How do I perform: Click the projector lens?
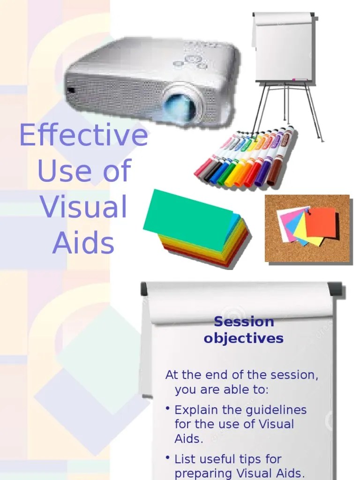pyautogui.click(x=180, y=107)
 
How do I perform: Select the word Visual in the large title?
pyautogui.click(x=83, y=207)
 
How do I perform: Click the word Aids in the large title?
pyautogui.click(x=83, y=243)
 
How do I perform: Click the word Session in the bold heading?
pyautogui.click(x=244, y=322)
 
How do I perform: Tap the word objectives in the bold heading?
pyautogui.click(x=244, y=338)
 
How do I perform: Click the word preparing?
pyautogui.click(x=206, y=473)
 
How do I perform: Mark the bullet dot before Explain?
pyautogui.click(x=167, y=409)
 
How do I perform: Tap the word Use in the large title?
pyautogui.click(x=60, y=171)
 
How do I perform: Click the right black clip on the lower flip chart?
pyautogui.click(x=335, y=288)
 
